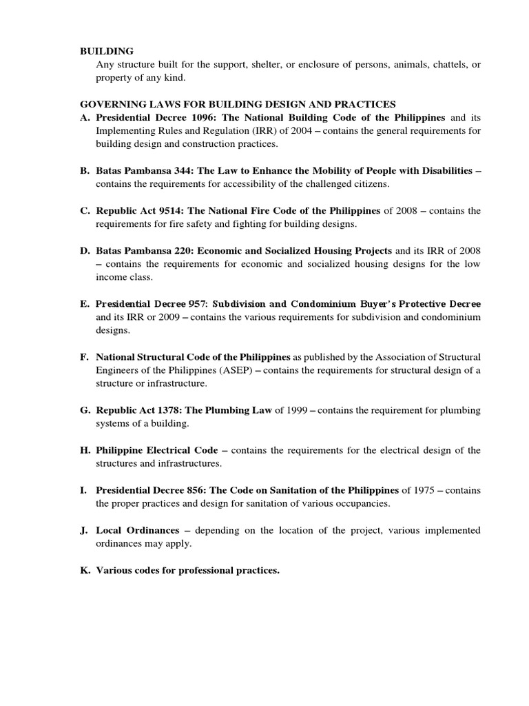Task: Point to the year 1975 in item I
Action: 425,490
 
